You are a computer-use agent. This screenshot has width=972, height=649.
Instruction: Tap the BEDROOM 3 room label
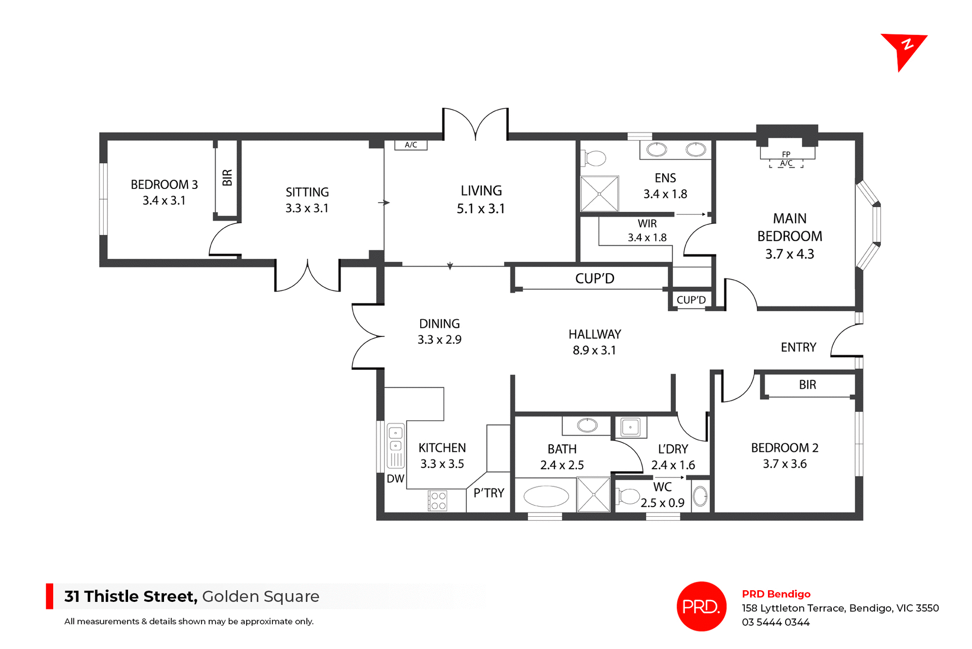pyautogui.click(x=164, y=185)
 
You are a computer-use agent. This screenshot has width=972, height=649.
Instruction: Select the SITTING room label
pyautogui.click(x=307, y=193)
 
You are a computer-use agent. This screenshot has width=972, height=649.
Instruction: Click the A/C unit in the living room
pyautogui.click(x=411, y=145)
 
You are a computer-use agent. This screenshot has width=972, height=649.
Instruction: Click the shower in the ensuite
pyautogui.click(x=599, y=194)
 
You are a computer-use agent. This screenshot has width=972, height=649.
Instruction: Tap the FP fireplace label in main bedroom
pyautogui.click(x=786, y=154)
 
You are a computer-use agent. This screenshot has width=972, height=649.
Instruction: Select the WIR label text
pyautogui.click(x=647, y=224)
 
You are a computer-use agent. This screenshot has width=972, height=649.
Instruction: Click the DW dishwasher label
pyautogui.click(x=395, y=479)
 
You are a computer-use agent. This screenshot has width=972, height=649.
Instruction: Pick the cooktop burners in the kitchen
pyautogui.click(x=438, y=501)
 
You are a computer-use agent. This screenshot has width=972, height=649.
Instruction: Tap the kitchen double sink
pyautogui.click(x=395, y=440)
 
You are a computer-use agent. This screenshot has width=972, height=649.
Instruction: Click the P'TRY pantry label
pyautogui.click(x=489, y=493)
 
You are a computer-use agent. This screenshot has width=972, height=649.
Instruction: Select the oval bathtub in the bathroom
pyautogui.click(x=546, y=497)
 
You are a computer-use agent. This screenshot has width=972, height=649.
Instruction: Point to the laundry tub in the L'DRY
pyautogui.click(x=630, y=427)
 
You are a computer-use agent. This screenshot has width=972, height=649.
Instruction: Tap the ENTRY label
pyautogui.click(x=798, y=348)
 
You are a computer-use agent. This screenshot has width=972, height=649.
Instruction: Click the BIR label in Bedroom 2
pyautogui.click(x=807, y=385)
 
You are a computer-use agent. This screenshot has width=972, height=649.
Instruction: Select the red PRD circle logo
pyautogui.click(x=701, y=606)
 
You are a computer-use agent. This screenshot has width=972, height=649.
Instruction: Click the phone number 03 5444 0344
pyautogui.click(x=776, y=623)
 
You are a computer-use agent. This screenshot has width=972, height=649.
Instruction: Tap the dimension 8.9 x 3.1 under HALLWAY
pyautogui.click(x=594, y=351)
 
